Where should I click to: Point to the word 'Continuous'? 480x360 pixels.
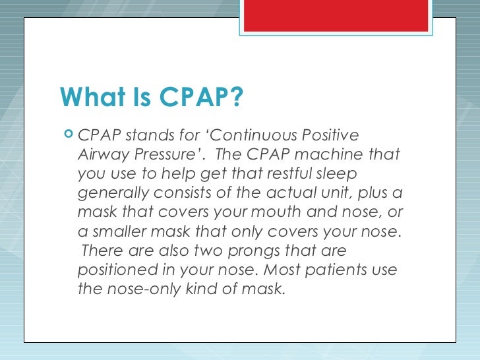click(x=256, y=135)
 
